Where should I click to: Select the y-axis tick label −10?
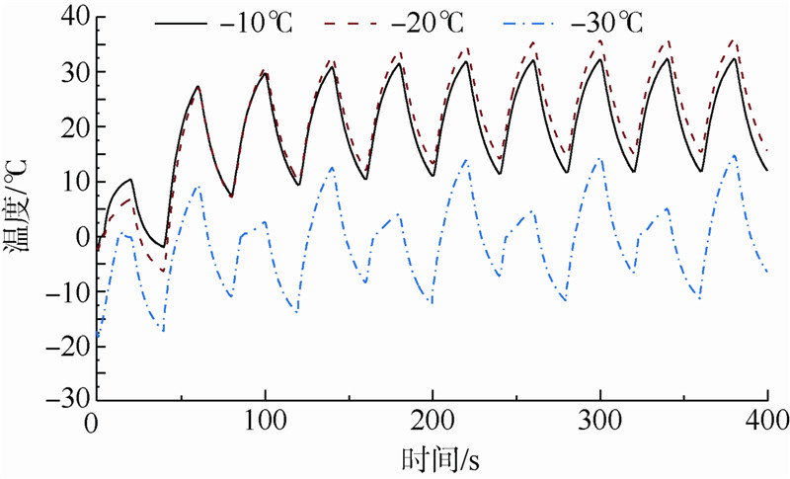(x=64, y=292)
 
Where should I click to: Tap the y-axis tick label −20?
(x=64, y=347)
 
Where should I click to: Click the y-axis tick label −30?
(x=64, y=401)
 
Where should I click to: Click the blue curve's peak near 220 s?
(x=466, y=160)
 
